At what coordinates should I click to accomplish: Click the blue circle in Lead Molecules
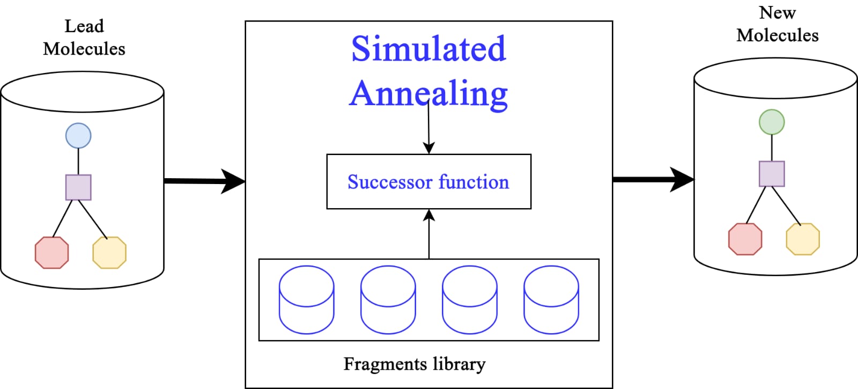pos(78,136)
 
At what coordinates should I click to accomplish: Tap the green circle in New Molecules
pos(772,122)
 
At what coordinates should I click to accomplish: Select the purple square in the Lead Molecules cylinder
pos(78,187)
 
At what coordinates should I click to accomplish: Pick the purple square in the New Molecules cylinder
pos(772,174)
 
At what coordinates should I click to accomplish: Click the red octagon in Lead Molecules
pos(51,253)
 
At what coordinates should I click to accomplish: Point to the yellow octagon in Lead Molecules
pos(109,253)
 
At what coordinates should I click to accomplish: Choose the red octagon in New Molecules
pos(745,239)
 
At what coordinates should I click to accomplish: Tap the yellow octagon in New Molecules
pos(803,239)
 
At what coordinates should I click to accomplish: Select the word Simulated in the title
pos(428,49)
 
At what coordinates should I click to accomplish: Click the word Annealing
pos(428,94)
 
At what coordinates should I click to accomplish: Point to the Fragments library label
pos(415,364)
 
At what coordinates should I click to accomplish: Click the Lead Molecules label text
pos(84,38)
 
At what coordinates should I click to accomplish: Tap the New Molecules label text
pos(778,24)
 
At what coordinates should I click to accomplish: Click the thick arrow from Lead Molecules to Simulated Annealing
pos(204,181)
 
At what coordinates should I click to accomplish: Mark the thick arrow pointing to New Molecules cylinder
pos(654,179)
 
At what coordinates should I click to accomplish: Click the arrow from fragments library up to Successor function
pos(429,234)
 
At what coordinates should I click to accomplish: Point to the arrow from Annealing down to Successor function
pos(428,128)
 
